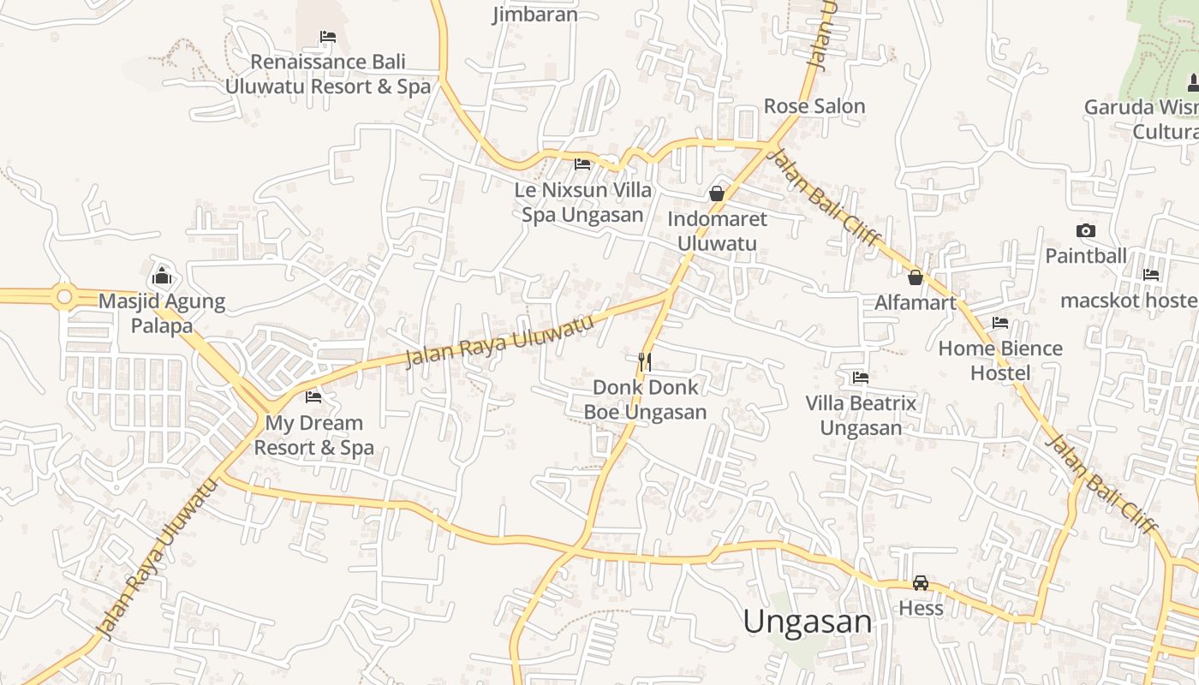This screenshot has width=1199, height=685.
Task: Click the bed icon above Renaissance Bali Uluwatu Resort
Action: pyautogui.click(x=327, y=37)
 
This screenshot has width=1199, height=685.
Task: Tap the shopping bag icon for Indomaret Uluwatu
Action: pyautogui.click(x=717, y=194)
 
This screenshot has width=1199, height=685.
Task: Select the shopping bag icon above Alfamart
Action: pyautogui.click(x=915, y=277)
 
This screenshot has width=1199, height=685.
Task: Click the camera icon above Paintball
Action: pyautogui.click(x=1085, y=230)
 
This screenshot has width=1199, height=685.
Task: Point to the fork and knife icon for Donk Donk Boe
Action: pyautogui.click(x=645, y=361)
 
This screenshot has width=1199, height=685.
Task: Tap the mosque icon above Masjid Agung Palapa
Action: pyautogui.click(x=161, y=276)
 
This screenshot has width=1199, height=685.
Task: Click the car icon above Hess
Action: pyautogui.click(x=921, y=583)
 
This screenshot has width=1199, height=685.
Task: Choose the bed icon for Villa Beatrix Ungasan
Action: pyautogui.click(x=861, y=378)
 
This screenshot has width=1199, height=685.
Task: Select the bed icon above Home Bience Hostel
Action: pyautogui.click(x=999, y=323)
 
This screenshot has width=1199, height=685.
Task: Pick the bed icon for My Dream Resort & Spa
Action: pyautogui.click(x=313, y=397)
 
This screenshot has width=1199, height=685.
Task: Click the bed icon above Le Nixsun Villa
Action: pyautogui.click(x=582, y=164)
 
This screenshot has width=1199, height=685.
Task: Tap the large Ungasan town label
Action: pyautogui.click(x=807, y=622)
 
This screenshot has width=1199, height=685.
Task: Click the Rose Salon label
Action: pyautogui.click(x=814, y=106)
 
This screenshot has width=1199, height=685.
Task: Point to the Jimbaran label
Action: pyautogui.click(x=534, y=15)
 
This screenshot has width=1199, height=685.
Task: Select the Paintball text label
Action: pyautogui.click(x=1086, y=256)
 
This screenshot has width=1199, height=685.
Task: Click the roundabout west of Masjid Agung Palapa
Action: pyautogui.click(x=63, y=296)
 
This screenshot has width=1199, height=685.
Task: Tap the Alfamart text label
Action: pyautogui.click(x=915, y=302)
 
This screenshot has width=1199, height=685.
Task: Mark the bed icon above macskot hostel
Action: pyautogui.click(x=1150, y=275)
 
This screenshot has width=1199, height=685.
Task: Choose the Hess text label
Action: pyautogui.click(x=921, y=608)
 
